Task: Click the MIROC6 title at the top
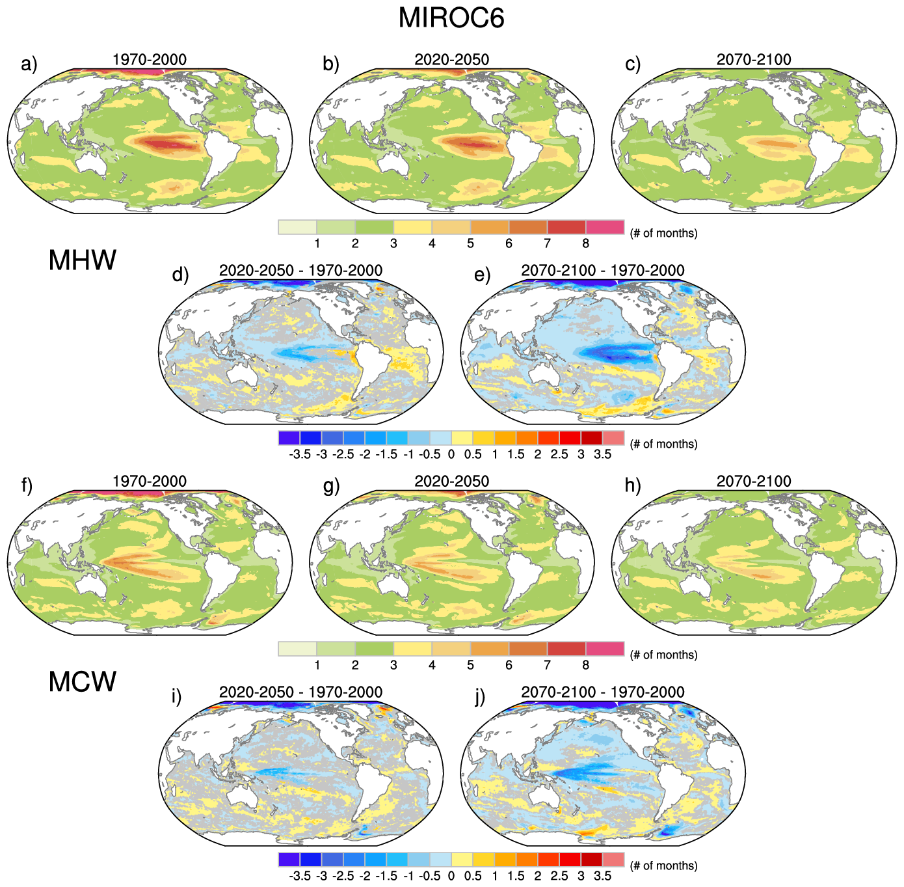click(451, 18)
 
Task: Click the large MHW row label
click(82, 260)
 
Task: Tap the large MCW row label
click(82, 682)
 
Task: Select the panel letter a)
click(29, 64)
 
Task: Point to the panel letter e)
click(482, 275)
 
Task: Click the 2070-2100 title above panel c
click(754, 59)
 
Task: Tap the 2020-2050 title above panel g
click(451, 481)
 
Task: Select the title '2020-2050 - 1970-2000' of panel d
click(300, 270)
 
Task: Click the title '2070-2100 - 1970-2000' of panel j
click(602, 692)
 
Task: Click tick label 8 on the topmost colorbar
click(585, 243)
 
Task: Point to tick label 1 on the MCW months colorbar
click(317, 665)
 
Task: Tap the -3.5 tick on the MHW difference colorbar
click(300, 454)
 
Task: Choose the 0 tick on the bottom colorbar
click(451, 876)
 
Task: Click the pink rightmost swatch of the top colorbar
click(605, 227)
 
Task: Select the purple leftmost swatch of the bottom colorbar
click(289, 860)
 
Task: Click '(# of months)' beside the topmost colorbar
click(663, 233)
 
